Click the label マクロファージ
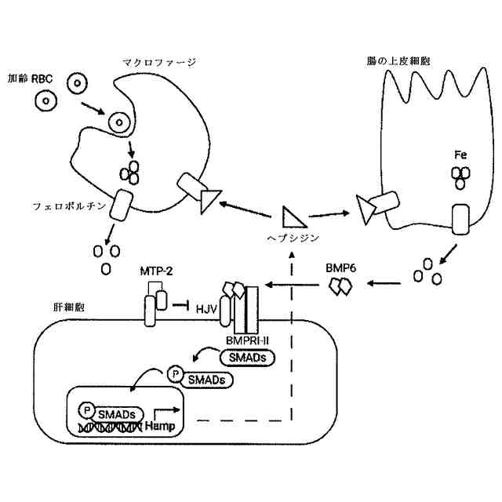click(159, 61)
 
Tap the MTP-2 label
click(156, 271)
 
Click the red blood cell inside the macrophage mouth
click(119, 122)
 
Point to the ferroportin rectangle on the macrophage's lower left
click(122, 206)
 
